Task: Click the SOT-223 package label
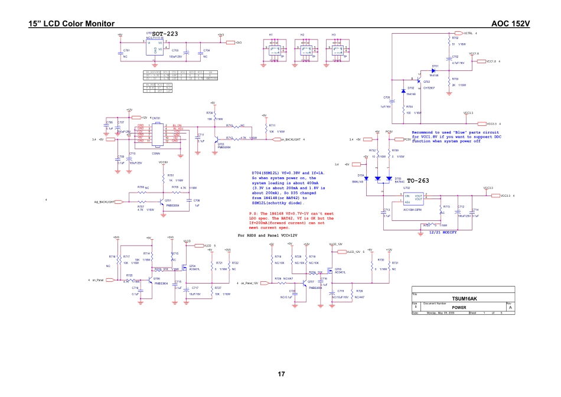point(165,34)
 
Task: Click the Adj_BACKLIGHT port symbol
point(118,202)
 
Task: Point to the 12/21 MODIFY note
point(443,232)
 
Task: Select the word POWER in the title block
point(459,307)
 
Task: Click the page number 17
point(280,374)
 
